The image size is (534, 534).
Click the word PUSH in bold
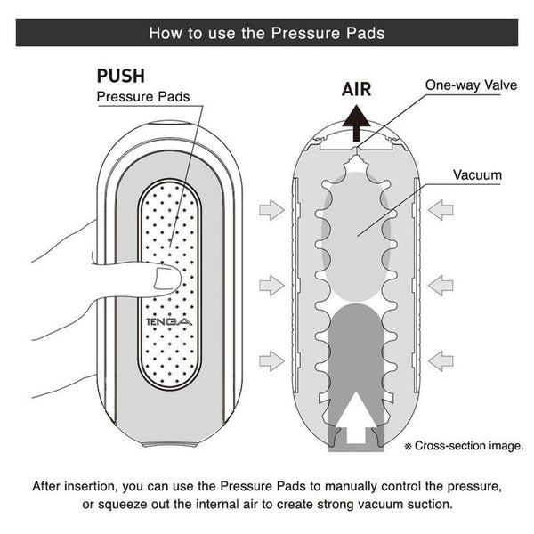(x=121, y=76)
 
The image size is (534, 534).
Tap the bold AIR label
(x=356, y=89)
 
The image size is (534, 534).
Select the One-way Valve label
(x=472, y=85)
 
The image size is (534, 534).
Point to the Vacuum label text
(x=477, y=175)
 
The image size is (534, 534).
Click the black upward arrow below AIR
(x=356, y=123)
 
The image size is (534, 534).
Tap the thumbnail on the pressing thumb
(x=166, y=279)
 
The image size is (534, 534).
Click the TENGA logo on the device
(x=169, y=322)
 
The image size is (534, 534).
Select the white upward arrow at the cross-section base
(x=356, y=417)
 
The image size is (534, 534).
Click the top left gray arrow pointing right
(x=271, y=210)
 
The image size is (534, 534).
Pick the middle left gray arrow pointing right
(x=271, y=286)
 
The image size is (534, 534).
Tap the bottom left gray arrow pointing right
(x=271, y=360)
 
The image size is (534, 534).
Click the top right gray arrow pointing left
(x=441, y=210)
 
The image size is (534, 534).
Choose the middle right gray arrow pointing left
(x=441, y=286)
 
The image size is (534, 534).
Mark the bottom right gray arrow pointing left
(x=441, y=360)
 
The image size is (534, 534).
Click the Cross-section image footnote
(x=464, y=446)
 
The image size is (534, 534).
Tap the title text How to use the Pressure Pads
(x=267, y=33)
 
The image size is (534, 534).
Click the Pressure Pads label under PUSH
(x=143, y=97)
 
